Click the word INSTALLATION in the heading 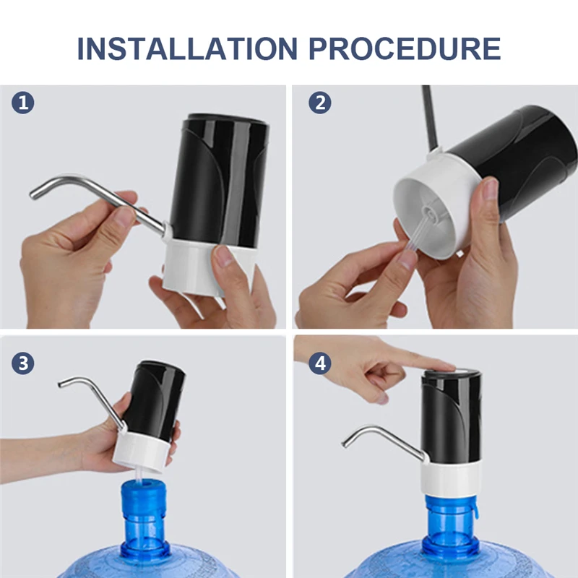[x=186, y=48]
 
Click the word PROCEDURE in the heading [x=405, y=48]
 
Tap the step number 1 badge [x=23, y=103]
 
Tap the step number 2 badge [x=320, y=103]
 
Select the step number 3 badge [x=23, y=362]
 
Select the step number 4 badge [x=320, y=362]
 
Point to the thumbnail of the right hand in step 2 [x=491, y=190]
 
